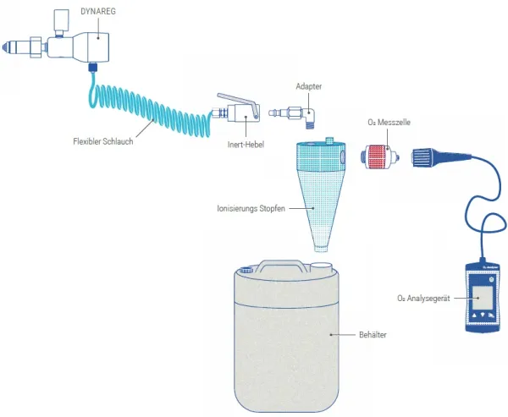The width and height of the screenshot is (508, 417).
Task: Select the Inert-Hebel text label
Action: (246, 145)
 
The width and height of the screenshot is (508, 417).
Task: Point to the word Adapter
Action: (308, 86)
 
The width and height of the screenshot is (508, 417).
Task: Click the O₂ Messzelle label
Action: (389, 123)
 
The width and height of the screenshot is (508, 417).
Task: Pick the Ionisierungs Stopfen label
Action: (251, 206)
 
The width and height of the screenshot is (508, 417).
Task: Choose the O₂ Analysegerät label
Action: (424, 298)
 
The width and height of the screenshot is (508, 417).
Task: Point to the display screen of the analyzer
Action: (483, 295)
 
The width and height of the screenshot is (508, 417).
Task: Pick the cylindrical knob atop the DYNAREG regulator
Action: (59, 19)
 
